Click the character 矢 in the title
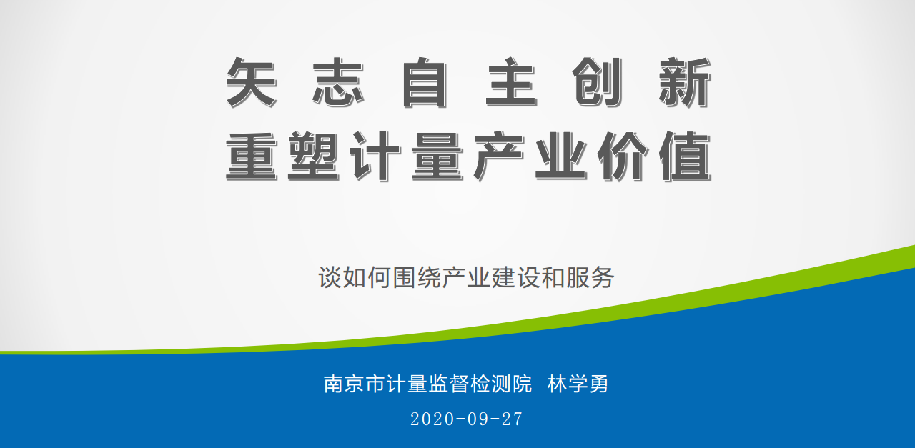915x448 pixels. (x=252, y=82)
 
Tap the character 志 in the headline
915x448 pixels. (x=338, y=82)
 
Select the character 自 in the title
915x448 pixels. (x=425, y=82)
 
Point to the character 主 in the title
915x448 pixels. (x=511, y=82)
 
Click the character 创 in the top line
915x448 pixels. (x=598, y=82)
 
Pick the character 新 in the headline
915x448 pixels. (x=685, y=82)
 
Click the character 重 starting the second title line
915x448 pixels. (x=252, y=156)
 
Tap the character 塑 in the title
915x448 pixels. (x=314, y=156)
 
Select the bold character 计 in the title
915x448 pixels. (x=375, y=156)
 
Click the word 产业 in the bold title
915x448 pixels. (x=530, y=156)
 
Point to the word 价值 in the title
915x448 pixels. (x=654, y=156)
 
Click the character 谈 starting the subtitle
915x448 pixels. (x=330, y=278)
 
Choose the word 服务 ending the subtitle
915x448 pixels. (x=590, y=278)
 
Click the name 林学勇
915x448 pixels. (x=578, y=384)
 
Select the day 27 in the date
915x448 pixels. (x=512, y=419)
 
